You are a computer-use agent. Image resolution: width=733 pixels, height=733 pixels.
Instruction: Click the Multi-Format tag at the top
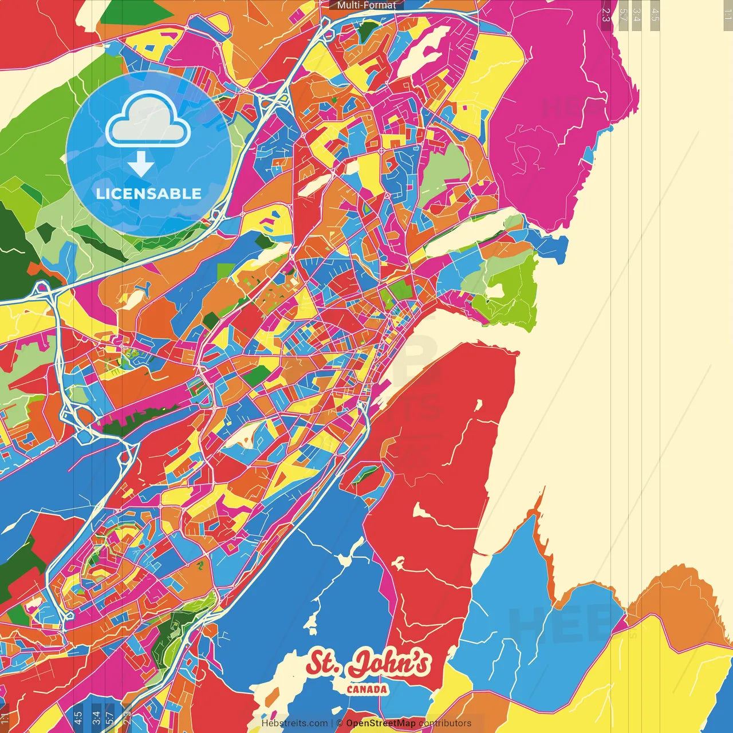point(366,5)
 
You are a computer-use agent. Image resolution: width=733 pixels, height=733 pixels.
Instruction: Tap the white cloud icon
point(148,119)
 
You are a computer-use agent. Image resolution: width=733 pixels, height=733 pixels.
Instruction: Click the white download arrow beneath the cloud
point(141,165)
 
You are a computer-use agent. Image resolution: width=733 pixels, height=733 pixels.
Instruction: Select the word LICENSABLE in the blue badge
point(148,194)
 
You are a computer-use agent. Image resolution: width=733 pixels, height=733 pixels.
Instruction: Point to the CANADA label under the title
point(367,689)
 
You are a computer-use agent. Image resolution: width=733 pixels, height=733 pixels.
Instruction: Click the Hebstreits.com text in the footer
point(294,723)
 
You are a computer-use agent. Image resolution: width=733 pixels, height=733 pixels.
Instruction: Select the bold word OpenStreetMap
point(381,723)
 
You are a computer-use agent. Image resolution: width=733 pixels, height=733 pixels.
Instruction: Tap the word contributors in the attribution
point(445,723)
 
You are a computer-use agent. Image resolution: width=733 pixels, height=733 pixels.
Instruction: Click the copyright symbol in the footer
point(340,723)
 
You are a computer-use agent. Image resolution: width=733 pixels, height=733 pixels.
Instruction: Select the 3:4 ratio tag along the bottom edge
point(96,718)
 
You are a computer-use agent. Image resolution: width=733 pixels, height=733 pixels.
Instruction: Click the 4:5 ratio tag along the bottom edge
point(78,718)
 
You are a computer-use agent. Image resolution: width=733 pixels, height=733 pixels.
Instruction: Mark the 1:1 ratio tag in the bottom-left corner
point(5,718)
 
